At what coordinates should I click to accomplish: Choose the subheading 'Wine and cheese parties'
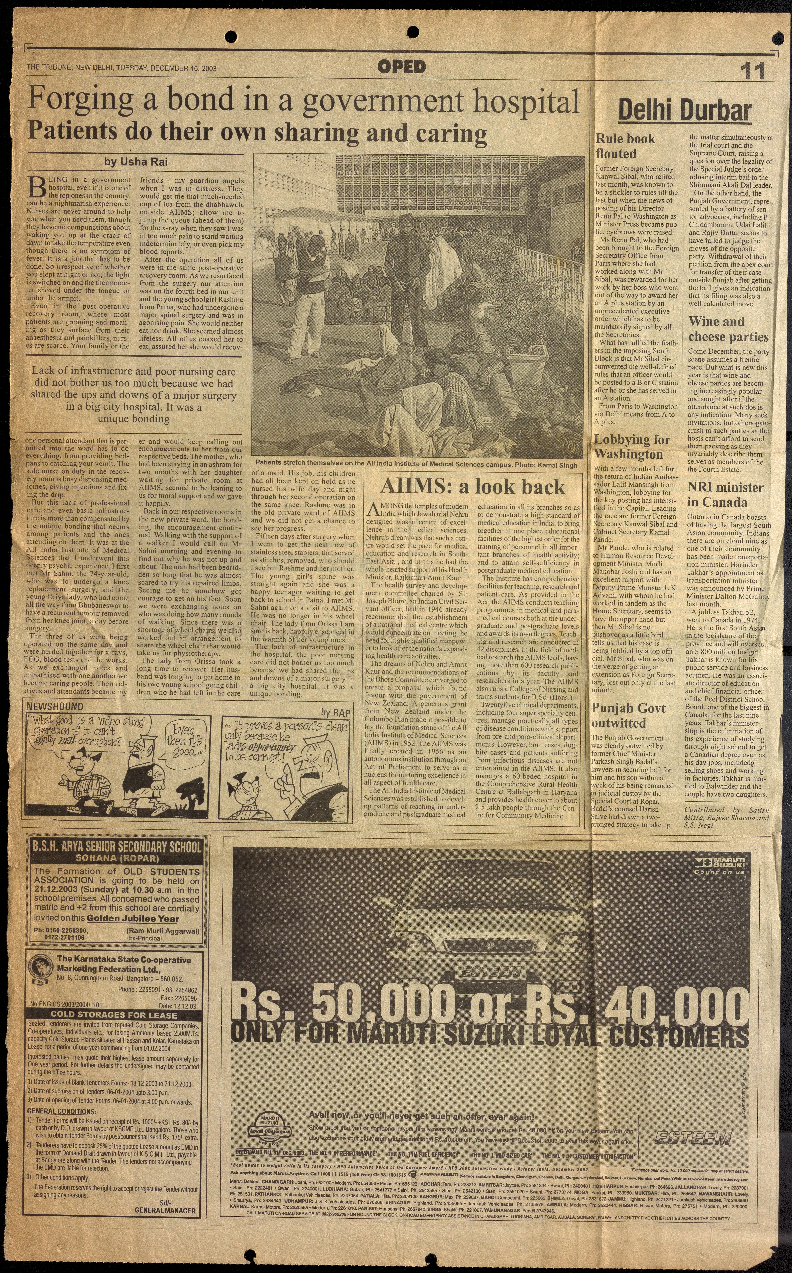728,329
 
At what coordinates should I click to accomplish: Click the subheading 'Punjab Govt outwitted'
629,716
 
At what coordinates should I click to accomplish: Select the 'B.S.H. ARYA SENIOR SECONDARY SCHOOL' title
116,847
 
